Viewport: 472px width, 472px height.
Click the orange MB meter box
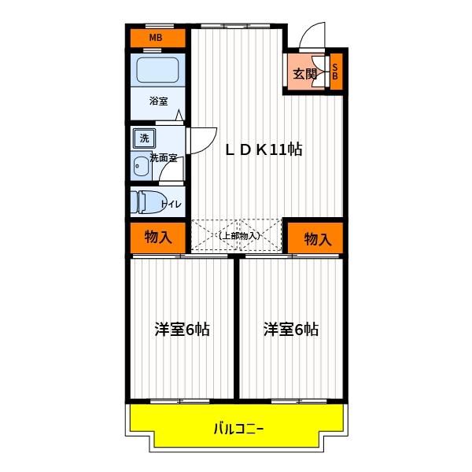coord(157,38)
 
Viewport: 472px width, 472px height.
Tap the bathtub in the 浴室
coord(158,70)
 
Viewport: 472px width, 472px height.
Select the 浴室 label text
coord(158,101)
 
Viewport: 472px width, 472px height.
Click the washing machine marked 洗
coord(144,138)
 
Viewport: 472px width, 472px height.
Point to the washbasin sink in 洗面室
coord(141,167)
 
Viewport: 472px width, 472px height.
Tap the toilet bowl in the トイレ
coord(149,202)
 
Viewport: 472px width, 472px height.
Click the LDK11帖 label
coord(264,149)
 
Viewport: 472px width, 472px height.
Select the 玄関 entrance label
coord(304,74)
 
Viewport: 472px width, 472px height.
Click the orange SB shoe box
coord(336,72)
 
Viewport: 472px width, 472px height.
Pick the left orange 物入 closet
coord(158,238)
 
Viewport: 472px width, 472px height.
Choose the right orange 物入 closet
coord(315,238)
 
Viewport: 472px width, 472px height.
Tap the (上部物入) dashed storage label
coord(239,236)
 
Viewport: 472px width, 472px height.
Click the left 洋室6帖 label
coord(183,329)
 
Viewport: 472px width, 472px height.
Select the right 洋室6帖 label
coord(291,329)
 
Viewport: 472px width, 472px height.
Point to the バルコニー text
coord(238,429)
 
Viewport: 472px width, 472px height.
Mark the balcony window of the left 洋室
coord(179,401)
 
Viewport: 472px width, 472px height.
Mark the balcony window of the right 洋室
coord(299,401)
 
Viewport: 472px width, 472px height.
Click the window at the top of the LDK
coord(235,27)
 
